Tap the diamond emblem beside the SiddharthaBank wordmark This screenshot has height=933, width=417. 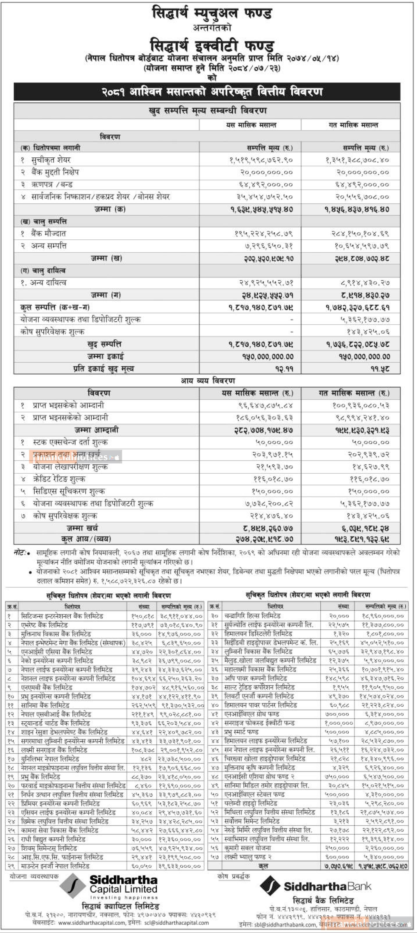coord(270,886)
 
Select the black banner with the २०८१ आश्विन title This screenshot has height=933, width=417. coord(207,92)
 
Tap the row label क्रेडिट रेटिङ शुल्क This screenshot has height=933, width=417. coord(59,479)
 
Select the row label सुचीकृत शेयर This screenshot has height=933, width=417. coord(51,160)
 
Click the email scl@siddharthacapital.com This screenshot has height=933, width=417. coord(177,923)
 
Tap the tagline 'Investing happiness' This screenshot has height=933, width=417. coord(124,898)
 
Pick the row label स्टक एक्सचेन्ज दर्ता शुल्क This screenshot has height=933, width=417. coord(70,442)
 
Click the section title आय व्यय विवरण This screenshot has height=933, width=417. coord(208,381)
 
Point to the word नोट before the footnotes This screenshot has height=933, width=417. coord(20,553)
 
